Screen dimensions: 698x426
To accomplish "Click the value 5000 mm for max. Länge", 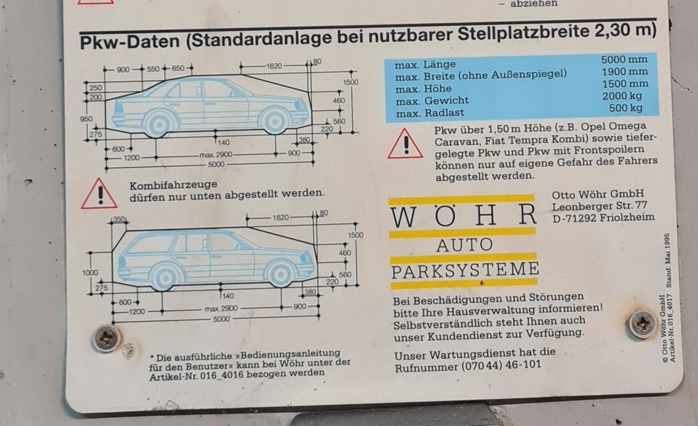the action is point(624,59).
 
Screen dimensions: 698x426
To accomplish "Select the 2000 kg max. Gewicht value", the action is point(622,96).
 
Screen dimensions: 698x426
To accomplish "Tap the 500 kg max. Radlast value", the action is point(626,108).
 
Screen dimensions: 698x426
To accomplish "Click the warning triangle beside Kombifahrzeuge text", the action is point(99,195).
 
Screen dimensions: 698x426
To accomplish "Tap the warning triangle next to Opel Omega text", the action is point(405,144).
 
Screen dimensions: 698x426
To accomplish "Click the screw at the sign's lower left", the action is point(106,338).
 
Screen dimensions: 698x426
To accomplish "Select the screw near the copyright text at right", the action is point(642,324).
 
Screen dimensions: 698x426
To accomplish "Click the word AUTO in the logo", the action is point(464,245).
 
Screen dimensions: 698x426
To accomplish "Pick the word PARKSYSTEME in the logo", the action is point(465,270).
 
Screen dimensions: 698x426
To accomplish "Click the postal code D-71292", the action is point(574,218).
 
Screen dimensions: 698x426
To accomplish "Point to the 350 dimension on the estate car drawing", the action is point(119,219).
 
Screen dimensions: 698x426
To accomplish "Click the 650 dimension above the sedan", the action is point(178,68).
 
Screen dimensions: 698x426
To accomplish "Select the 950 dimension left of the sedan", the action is point(86,119).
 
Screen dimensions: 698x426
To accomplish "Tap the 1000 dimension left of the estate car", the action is point(90,273).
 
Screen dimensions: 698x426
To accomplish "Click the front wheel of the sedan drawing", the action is point(274,121).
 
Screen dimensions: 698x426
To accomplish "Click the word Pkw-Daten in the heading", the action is point(130,42).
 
